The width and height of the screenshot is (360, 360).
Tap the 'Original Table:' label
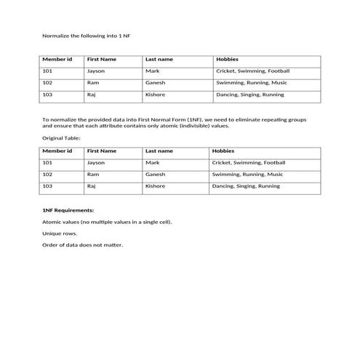tap(61, 137)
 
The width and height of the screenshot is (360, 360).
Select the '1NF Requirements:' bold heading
tap(68, 209)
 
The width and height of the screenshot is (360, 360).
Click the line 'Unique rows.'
tap(60, 233)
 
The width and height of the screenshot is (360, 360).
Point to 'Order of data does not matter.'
tap(83, 245)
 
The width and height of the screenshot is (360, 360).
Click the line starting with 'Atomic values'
tap(108, 222)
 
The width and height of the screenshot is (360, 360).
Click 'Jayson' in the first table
tap(96, 71)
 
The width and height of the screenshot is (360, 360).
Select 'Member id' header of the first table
tap(57, 59)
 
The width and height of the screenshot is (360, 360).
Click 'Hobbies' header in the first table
tap(228, 59)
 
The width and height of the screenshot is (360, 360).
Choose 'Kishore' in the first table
tap(156, 95)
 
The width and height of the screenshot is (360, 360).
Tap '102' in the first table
tap(47, 83)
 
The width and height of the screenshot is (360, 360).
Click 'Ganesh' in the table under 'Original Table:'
tap(156, 175)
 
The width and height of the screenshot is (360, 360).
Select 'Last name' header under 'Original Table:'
tap(159, 151)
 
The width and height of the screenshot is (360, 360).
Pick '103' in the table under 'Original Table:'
tap(47, 186)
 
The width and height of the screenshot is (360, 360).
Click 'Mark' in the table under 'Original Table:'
tap(153, 163)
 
